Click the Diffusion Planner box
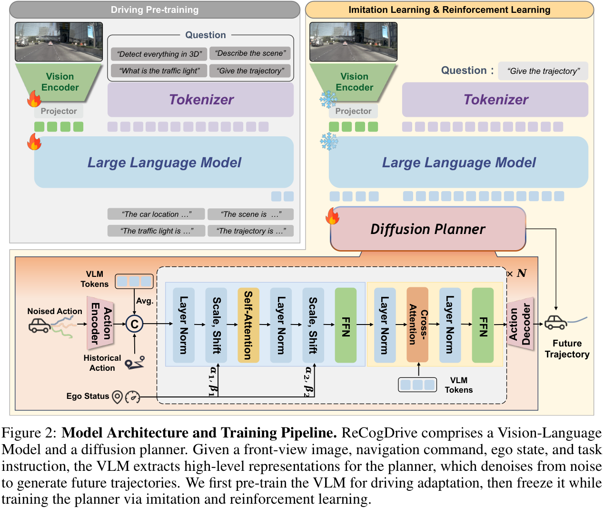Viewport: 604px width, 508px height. click(x=428, y=229)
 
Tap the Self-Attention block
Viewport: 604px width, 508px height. click(x=248, y=325)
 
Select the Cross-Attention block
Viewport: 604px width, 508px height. click(x=417, y=325)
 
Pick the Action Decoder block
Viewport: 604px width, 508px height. click(x=520, y=324)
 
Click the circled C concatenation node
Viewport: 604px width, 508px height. click(x=135, y=325)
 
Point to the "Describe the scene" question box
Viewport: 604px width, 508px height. click(x=250, y=53)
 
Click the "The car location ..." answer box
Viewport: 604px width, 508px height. click(x=156, y=214)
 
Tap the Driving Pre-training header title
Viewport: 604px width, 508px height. click(x=155, y=10)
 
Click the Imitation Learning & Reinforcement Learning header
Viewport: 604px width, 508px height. click(x=449, y=10)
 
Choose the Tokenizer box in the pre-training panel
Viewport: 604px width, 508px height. click(x=200, y=100)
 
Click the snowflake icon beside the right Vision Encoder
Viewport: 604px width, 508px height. click(x=328, y=100)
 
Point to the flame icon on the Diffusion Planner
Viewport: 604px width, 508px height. click(x=333, y=216)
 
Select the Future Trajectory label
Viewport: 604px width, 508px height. click(x=567, y=349)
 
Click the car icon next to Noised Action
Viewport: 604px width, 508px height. click(x=40, y=325)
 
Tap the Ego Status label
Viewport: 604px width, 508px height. click(x=88, y=396)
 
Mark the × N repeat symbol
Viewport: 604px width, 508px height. click(x=517, y=274)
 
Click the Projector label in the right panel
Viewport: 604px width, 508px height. click(x=353, y=111)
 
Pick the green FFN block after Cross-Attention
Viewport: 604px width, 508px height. click(x=483, y=325)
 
